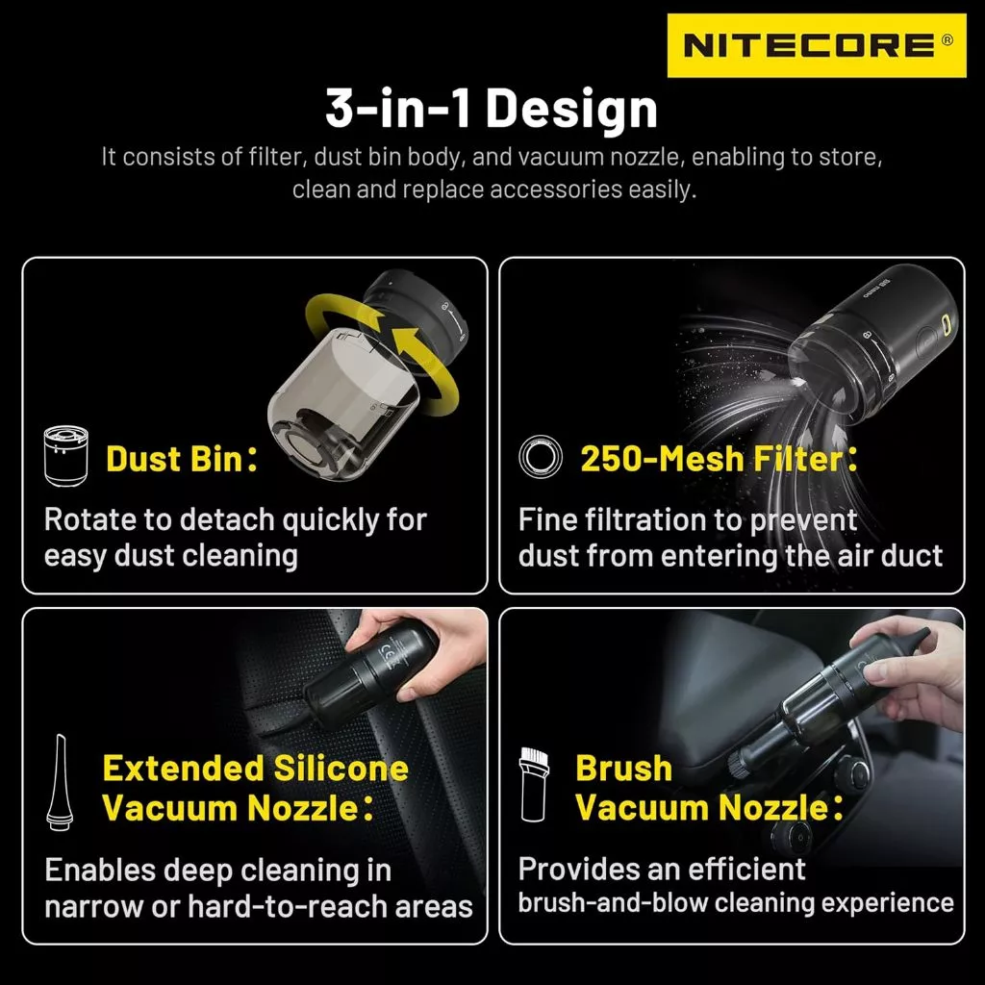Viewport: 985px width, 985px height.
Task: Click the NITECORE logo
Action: pyautogui.click(x=816, y=45)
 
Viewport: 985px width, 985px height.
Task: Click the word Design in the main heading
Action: pyautogui.click(x=571, y=110)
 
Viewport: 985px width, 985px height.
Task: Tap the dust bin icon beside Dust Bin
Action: pyautogui.click(x=66, y=456)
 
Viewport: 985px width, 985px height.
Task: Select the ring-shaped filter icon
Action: pyautogui.click(x=541, y=456)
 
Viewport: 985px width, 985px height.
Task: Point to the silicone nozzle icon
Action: pyautogui.click(x=61, y=782)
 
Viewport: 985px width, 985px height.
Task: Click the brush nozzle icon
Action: pyautogui.click(x=534, y=784)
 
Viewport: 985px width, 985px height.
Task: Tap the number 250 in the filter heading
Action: pyautogui.click(x=609, y=459)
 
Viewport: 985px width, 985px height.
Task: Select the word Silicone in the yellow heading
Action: pyautogui.click(x=341, y=769)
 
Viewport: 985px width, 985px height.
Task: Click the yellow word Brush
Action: pyautogui.click(x=623, y=769)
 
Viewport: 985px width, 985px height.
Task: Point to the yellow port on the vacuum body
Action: pyautogui.click(x=946, y=325)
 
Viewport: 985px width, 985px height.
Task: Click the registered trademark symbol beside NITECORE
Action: pyautogui.click(x=947, y=39)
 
